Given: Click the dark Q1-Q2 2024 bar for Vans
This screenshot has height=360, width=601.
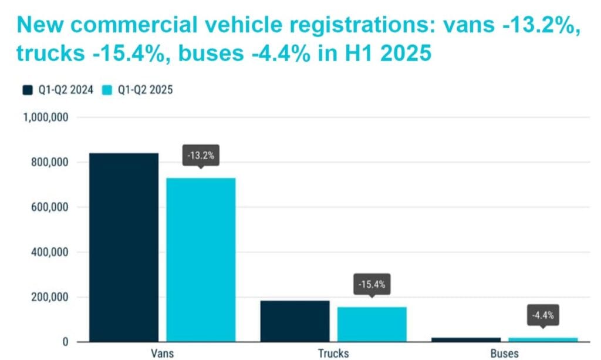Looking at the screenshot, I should click(124, 247).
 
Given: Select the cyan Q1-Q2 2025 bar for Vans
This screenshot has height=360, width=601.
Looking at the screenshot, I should click(201, 259).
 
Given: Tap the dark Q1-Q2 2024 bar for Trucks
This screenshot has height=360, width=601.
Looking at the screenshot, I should click(295, 321).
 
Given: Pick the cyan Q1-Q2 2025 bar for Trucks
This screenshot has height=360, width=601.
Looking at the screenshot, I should click(372, 324).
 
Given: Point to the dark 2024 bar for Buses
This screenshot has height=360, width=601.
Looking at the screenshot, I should click(466, 339).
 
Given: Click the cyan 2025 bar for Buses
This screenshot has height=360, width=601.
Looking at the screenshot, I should click(543, 339).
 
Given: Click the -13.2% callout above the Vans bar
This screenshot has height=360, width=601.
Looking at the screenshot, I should click(201, 157).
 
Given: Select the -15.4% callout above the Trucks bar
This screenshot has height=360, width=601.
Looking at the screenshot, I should click(372, 285).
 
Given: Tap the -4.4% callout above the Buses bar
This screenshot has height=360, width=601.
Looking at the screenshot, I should click(542, 316).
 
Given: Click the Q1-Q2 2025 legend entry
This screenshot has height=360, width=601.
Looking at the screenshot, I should click(139, 90).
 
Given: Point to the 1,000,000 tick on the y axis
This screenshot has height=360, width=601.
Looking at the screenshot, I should click(46, 117).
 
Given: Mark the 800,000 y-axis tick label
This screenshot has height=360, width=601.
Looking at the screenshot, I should click(49, 163).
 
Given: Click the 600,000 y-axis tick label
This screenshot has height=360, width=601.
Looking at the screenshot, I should click(49, 207).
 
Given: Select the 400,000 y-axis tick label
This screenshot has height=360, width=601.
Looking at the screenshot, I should click(49, 253).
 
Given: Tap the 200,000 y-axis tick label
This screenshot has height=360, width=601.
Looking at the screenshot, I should click(49, 297).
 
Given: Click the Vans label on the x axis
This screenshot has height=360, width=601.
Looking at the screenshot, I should click(163, 354).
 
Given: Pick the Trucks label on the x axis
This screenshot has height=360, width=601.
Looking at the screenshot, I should click(333, 354).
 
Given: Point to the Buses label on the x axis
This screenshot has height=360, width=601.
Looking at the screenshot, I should click(504, 354).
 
